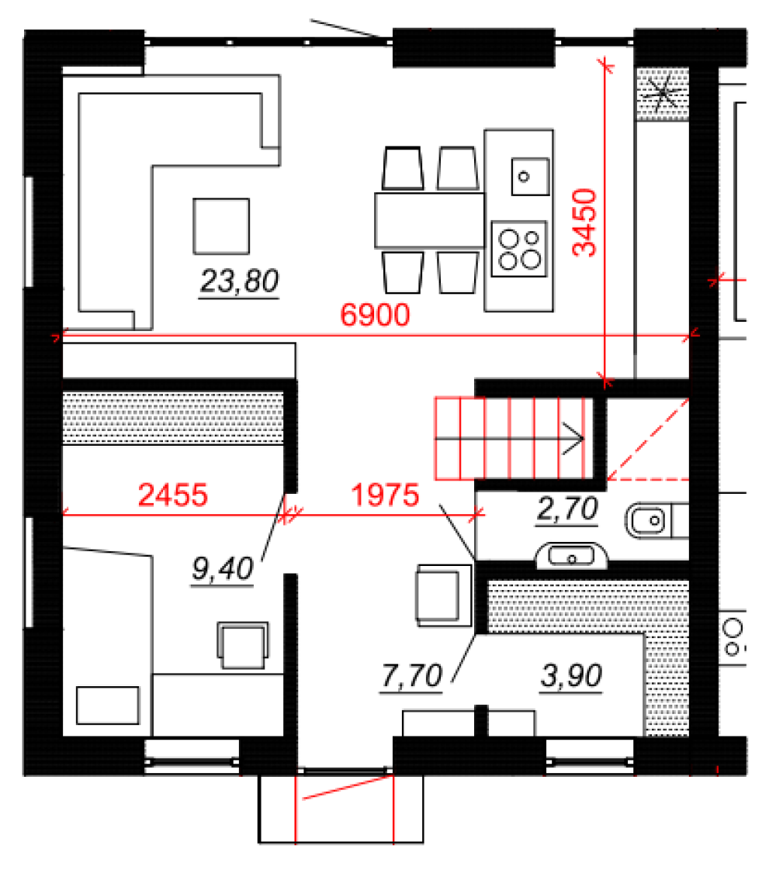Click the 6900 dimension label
point(375,315)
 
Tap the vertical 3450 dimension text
point(585,223)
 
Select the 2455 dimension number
point(173,495)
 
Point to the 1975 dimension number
point(385,495)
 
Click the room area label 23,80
point(239,281)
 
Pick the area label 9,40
point(222,569)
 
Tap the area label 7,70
point(411,676)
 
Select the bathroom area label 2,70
point(567,509)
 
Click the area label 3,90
point(571,676)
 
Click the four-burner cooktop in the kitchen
point(519,249)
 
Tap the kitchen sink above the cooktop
point(530,177)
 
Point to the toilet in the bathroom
point(656,520)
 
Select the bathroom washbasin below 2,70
point(572,556)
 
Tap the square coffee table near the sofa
point(221,226)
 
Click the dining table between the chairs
point(429,220)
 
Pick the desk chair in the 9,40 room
point(242,645)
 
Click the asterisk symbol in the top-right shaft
point(662,93)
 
